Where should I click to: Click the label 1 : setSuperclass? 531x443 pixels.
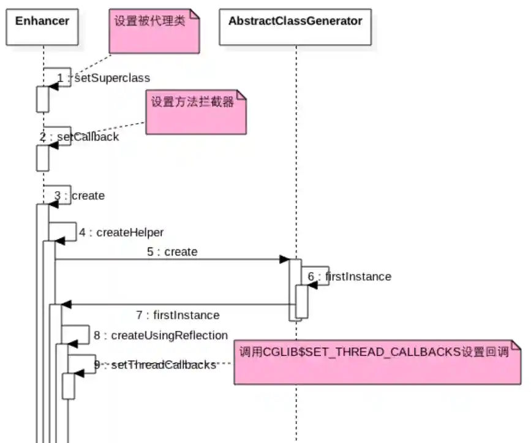[x=104, y=78]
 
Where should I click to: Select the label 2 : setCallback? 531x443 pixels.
[x=80, y=137]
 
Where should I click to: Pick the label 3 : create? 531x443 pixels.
[x=80, y=196]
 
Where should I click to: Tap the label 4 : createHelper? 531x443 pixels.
[x=121, y=232]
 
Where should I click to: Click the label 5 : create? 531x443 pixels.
[x=172, y=252]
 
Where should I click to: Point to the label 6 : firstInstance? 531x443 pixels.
[x=350, y=276]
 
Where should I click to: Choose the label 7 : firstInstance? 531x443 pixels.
[x=178, y=315]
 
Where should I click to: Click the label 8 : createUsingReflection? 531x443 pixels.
[x=160, y=335]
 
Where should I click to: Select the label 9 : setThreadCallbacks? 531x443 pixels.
[x=155, y=365]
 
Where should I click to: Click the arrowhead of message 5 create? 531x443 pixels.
[x=285, y=259]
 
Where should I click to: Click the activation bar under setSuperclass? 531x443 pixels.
[x=42, y=99]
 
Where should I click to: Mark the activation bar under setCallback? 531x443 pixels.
[x=42, y=157]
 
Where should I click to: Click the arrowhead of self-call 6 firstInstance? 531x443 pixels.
[x=313, y=285]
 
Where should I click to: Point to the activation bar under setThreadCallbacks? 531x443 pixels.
[x=68, y=386]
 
